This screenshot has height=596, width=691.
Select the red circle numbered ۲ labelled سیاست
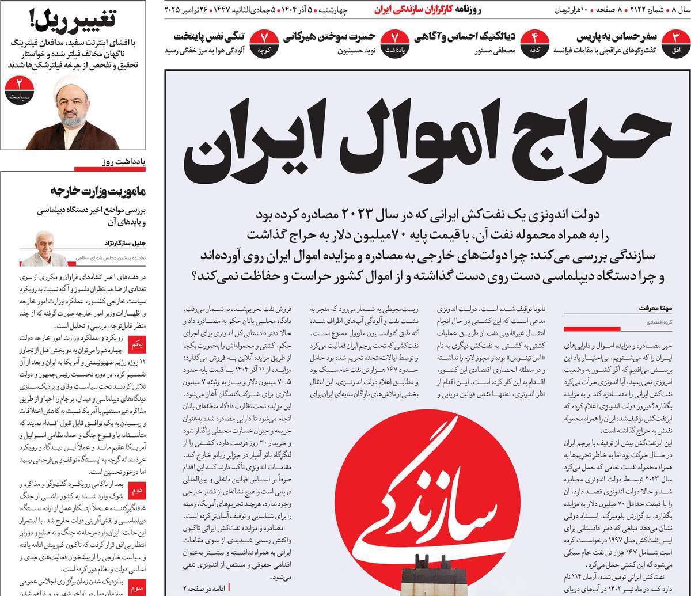(21, 91)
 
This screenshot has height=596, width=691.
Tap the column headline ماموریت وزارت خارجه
(100, 191)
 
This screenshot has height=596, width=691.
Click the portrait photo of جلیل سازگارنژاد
(48, 244)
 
